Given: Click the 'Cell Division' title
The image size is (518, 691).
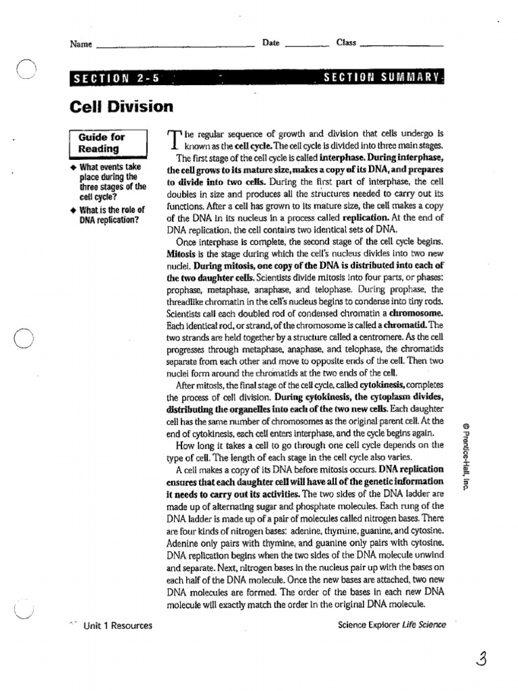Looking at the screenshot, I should pyautogui.click(x=121, y=107).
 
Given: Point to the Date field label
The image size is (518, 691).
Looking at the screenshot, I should pyautogui.click(x=271, y=43).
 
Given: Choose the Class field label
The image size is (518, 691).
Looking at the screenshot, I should pyautogui.click(x=346, y=43).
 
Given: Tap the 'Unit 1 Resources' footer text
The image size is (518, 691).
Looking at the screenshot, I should pyautogui.click(x=117, y=626).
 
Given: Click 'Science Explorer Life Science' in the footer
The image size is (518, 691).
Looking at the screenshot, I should pyautogui.click(x=392, y=625).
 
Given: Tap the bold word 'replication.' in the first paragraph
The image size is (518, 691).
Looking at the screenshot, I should pyautogui.click(x=366, y=218).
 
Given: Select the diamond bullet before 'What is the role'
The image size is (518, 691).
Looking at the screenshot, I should pyautogui.click(x=74, y=210).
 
